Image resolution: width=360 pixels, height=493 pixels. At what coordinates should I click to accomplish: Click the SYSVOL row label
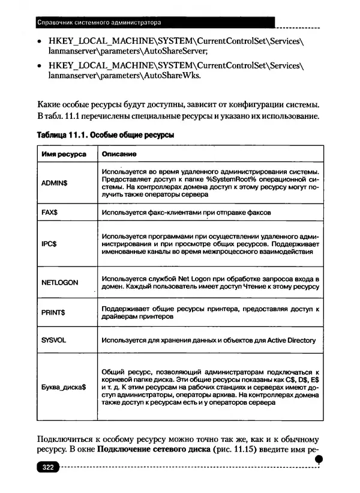coord(53,340)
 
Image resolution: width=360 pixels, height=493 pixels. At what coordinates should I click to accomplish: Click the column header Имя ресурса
coord(64,154)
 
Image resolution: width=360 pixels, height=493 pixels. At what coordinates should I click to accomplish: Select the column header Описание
coord(118,154)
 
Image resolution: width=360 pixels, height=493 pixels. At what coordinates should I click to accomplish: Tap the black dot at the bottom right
coord(319,459)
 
